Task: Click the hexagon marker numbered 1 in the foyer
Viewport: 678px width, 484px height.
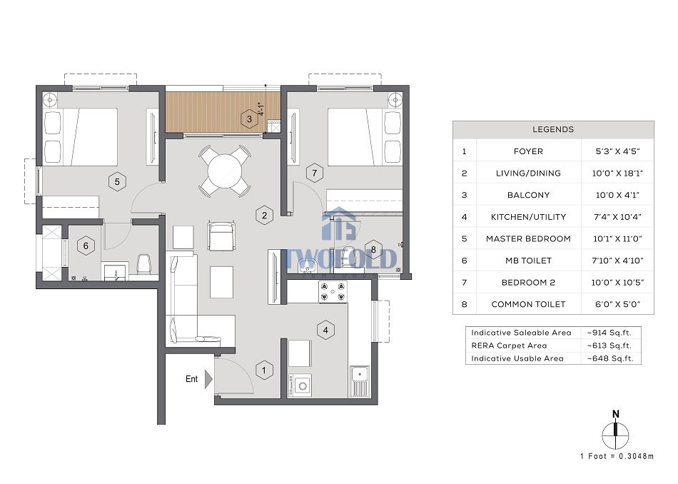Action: click(x=264, y=370)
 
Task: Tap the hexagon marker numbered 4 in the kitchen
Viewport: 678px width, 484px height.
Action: click(x=325, y=331)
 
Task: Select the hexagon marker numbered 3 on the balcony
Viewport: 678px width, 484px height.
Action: click(x=249, y=119)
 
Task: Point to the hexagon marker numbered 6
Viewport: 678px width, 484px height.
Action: click(x=86, y=246)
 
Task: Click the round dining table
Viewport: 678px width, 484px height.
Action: click(x=225, y=171)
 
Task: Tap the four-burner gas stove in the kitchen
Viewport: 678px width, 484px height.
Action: click(x=333, y=291)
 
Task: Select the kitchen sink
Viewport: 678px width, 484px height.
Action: click(x=359, y=380)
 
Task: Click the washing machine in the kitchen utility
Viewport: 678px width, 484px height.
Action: click(x=300, y=385)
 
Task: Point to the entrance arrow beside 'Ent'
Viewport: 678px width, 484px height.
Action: click(x=208, y=379)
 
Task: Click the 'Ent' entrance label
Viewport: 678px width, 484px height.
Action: click(x=191, y=379)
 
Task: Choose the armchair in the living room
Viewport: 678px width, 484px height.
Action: click(x=221, y=236)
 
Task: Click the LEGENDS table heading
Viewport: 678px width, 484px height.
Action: click(x=553, y=129)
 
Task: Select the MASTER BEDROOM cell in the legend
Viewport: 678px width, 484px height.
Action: click(x=528, y=238)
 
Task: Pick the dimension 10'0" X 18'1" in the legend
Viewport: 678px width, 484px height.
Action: click(x=617, y=173)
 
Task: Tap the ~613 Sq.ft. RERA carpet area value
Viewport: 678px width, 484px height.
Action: click(x=609, y=346)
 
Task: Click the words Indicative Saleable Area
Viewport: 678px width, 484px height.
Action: click(x=521, y=333)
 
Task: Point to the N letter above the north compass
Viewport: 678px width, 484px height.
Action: click(x=616, y=414)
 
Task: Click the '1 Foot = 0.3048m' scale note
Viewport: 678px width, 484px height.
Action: click(x=617, y=456)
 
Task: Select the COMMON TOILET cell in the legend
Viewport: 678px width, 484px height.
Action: click(x=528, y=304)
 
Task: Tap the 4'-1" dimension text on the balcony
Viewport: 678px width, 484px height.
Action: click(x=260, y=109)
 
